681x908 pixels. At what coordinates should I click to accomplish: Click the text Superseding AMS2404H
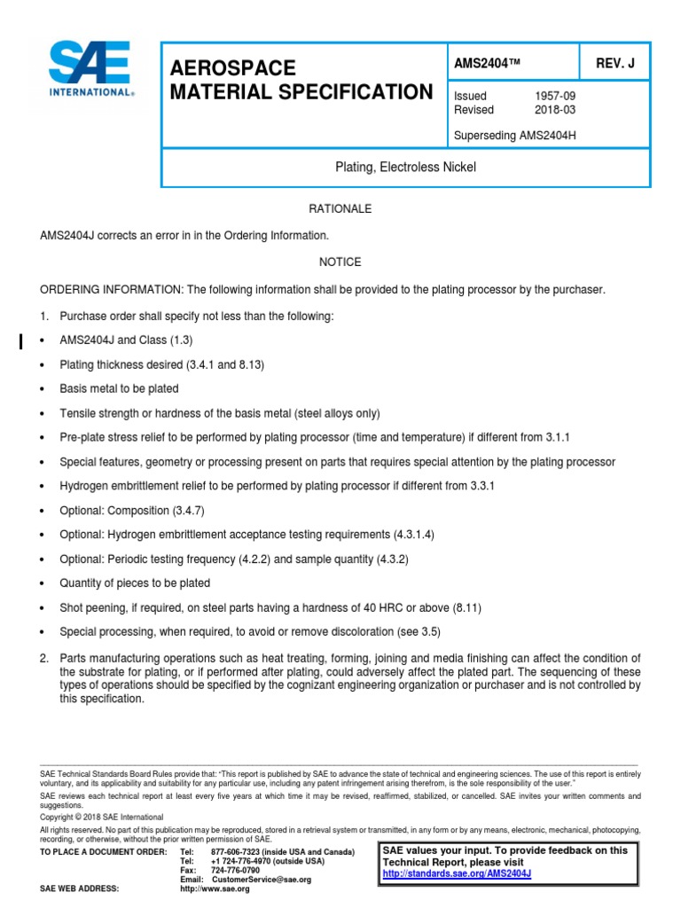point(510,136)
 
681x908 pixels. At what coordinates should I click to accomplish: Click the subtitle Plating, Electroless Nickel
point(405,168)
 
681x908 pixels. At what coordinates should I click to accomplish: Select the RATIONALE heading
point(340,209)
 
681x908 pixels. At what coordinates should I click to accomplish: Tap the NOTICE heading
point(340,262)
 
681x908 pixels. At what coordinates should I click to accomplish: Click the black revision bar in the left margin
point(21,340)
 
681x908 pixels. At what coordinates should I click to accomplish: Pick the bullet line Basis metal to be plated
point(119,388)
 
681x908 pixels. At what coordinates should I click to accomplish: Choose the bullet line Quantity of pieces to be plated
point(135,583)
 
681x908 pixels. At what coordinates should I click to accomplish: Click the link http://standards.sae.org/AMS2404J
point(457,873)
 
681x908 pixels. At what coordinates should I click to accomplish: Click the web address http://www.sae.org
point(215,888)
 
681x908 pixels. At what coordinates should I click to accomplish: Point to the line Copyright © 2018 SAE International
point(102,817)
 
